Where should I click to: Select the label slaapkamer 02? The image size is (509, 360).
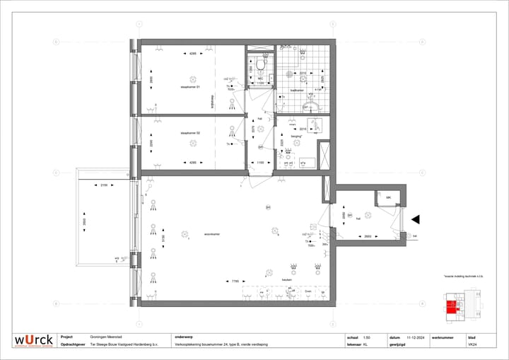click(x=191, y=133)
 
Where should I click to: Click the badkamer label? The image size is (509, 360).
click(x=298, y=91)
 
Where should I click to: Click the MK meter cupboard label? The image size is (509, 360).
click(x=388, y=197)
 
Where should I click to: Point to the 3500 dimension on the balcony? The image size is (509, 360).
click(x=84, y=221)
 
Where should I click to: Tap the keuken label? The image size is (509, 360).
click(x=287, y=279)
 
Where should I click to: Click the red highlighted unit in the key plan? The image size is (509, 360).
click(x=450, y=306)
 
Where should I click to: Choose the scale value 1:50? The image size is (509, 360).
click(x=366, y=337)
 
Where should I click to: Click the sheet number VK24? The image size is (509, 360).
click(x=472, y=345)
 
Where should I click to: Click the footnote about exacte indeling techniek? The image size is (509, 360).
click(x=462, y=277)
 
